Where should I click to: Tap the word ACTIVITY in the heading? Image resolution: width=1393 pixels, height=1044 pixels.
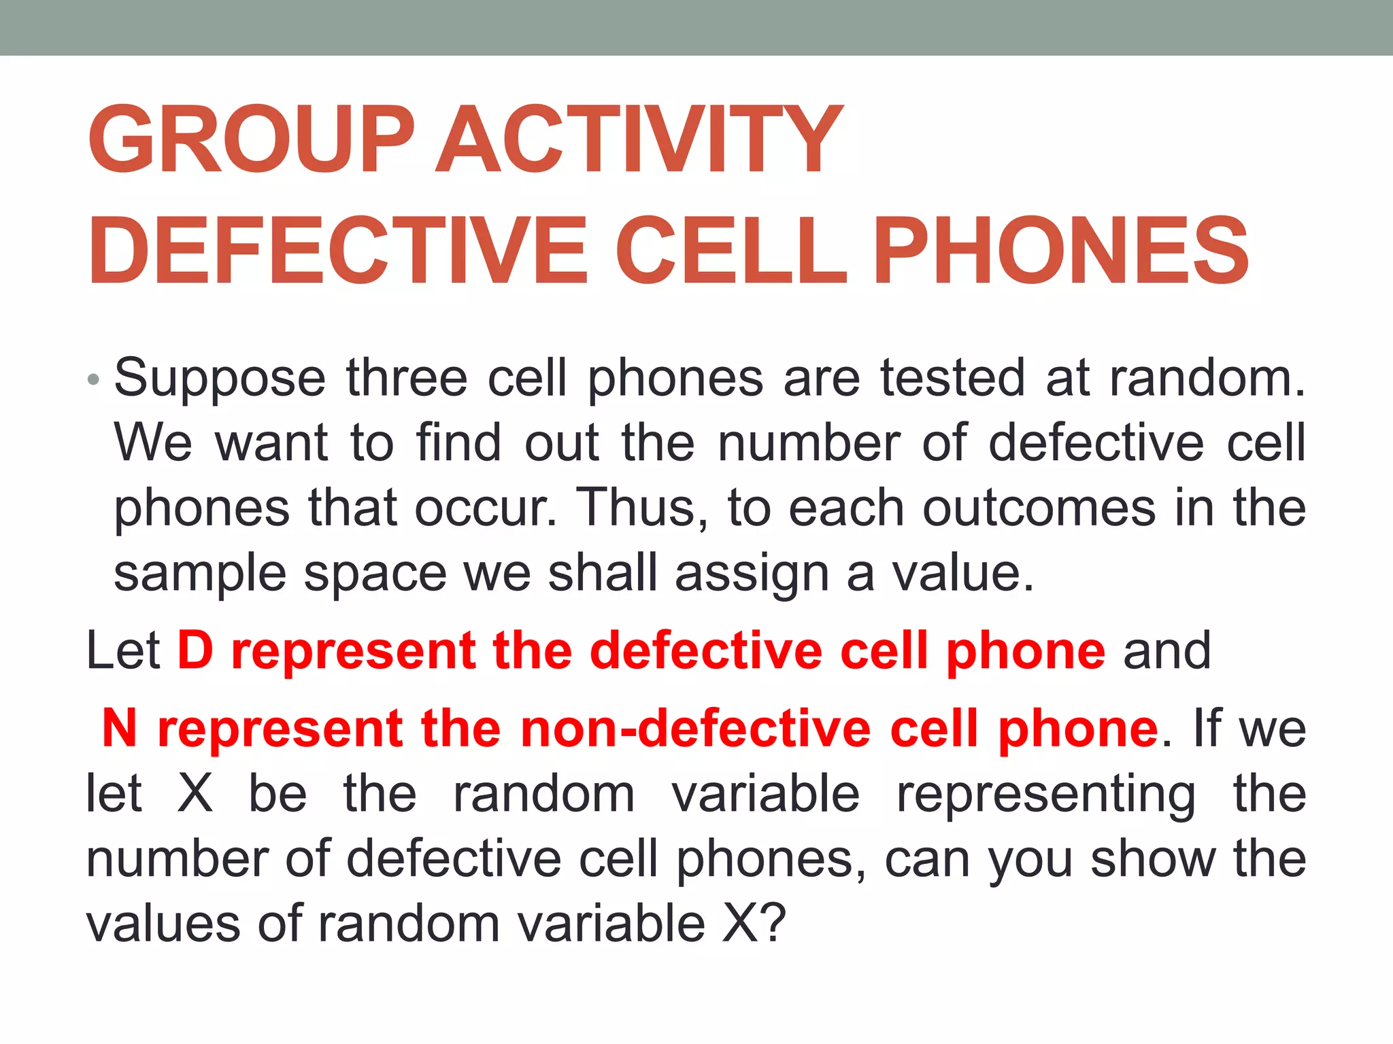[x=639, y=140]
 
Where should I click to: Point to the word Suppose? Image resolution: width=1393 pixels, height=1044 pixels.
[x=220, y=378]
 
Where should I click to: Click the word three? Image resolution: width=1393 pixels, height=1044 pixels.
[x=407, y=378]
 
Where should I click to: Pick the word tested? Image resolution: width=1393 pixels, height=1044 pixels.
[x=952, y=378]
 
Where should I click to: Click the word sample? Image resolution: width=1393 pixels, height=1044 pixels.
[x=200, y=574]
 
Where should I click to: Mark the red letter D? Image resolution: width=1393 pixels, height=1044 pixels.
[x=196, y=650]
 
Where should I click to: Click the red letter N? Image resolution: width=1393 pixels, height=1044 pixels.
[x=120, y=728]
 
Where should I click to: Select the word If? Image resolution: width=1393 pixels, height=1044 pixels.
[x=1208, y=728]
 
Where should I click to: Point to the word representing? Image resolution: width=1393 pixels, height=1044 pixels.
[x=1046, y=794]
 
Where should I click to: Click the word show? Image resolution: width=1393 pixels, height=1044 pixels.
[x=1152, y=858]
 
